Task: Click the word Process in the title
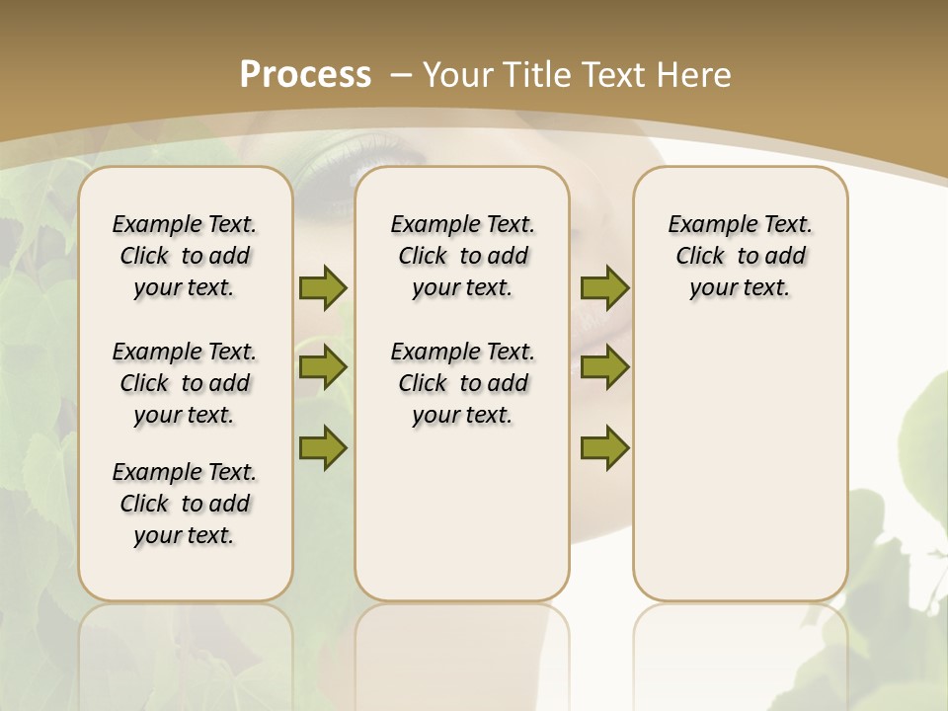point(305,74)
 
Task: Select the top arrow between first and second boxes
point(323,287)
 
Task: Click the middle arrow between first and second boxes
point(323,367)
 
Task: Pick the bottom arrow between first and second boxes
point(323,447)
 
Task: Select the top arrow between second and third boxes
point(604,287)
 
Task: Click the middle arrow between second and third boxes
point(604,367)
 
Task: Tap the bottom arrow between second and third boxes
point(604,447)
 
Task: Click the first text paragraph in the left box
point(185,256)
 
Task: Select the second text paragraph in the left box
point(185,383)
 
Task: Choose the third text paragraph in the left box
point(185,504)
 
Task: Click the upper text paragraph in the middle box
point(463,256)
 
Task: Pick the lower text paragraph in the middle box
point(463,383)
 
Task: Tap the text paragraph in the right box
point(741,256)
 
